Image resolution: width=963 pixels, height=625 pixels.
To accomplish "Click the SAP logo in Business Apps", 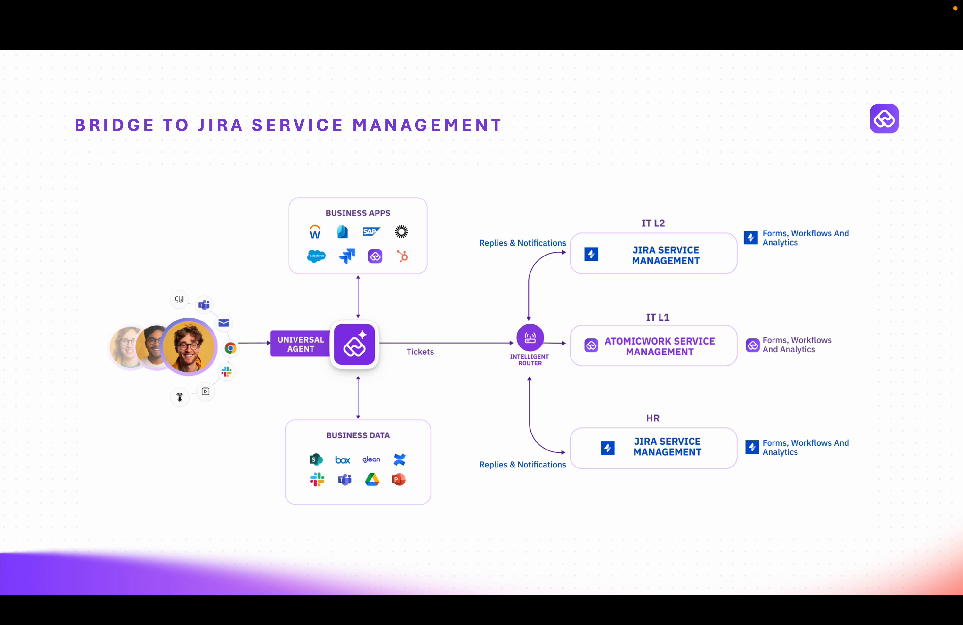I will [371, 231].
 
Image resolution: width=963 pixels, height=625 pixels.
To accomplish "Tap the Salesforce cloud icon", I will [316, 256].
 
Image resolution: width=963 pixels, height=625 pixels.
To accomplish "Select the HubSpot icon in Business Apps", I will [402, 256].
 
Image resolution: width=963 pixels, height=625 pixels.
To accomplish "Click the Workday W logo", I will [315, 232].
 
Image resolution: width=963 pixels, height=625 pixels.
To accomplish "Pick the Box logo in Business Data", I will [342, 459].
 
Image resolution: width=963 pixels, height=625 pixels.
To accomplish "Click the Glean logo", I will [371, 459].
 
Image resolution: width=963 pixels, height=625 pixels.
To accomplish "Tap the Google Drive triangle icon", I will [372, 480].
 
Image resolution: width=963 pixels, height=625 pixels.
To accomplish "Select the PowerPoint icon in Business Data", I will [399, 480].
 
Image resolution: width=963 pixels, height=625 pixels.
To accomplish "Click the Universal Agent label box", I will [300, 344].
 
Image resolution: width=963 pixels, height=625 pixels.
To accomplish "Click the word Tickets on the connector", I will [420, 352].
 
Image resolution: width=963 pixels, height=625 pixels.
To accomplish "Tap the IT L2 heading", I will [653, 223].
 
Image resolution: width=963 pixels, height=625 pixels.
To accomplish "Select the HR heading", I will [653, 418].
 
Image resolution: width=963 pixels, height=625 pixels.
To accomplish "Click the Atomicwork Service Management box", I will [653, 346].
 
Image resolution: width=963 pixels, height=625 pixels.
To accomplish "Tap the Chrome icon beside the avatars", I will [230, 348].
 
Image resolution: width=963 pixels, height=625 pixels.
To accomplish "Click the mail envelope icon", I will [224, 323].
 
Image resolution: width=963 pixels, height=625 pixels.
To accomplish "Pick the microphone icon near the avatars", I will [180, 397].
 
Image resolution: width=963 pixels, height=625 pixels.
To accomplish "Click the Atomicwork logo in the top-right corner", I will [884, 118].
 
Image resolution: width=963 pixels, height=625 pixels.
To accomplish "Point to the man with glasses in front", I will [189, 346].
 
